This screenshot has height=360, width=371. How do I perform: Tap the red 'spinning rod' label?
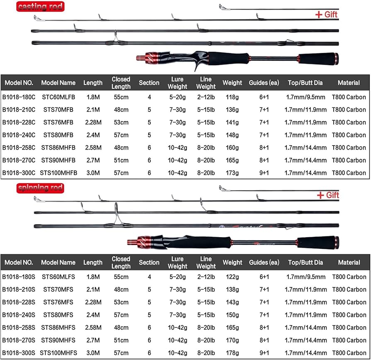click(x=40, y=188)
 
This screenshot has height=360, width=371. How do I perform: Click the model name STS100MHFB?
click(x=59, y=173)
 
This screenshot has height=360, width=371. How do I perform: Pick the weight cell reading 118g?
click(x=232, y=97)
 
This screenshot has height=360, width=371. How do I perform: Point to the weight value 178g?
click(x=232, y=352)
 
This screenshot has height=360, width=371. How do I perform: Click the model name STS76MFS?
click(x=59, y=302)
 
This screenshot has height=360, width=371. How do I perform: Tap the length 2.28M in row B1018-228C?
click(x=93, y=122)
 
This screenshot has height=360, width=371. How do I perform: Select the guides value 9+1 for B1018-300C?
click(x=263, y=173)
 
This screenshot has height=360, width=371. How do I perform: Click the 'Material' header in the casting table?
click(x=349, y=83)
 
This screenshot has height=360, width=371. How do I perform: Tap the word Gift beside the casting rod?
click(x=332, y=15)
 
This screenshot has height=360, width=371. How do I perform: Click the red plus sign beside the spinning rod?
click(x=320, y=195)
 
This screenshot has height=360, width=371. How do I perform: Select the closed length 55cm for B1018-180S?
click(x=121, y=277)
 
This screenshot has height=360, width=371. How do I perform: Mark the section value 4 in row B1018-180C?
click(x=149, y=97)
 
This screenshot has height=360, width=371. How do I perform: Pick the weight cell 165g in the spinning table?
click(x=232, y=327)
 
